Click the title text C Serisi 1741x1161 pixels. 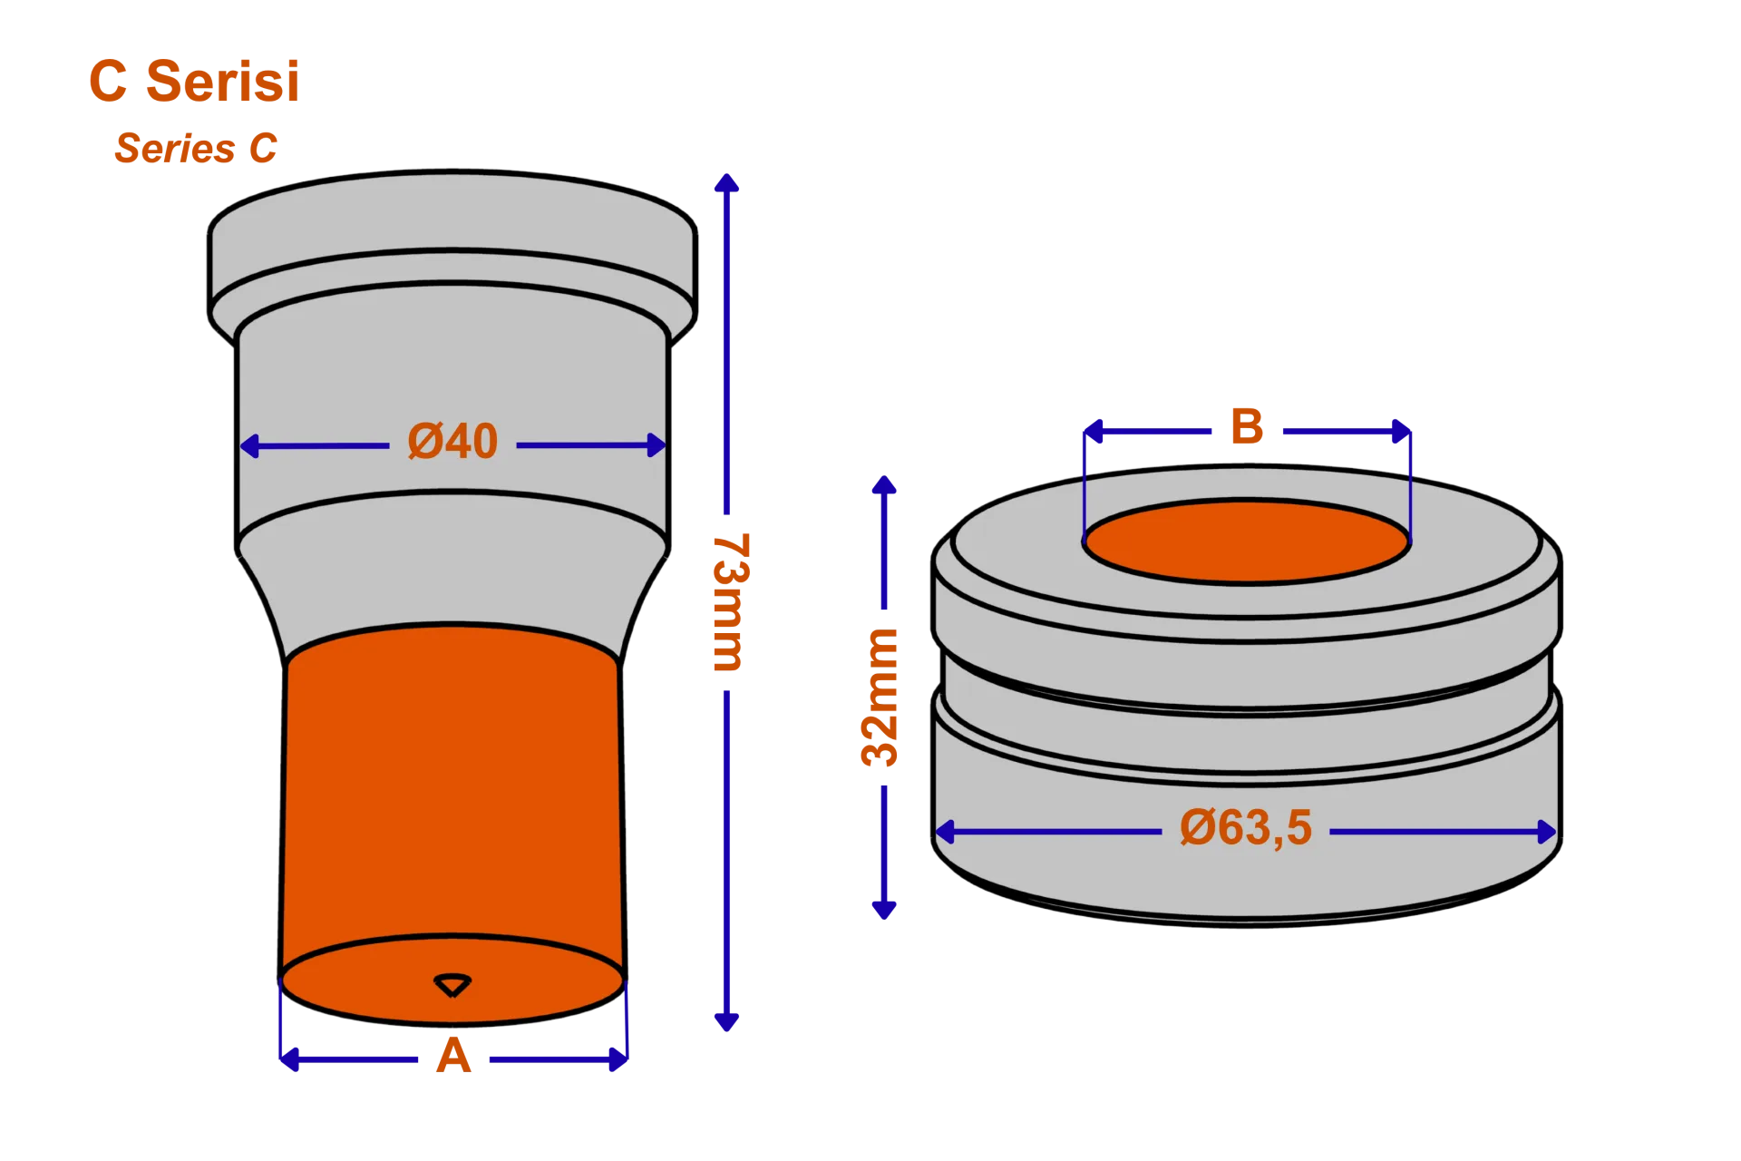click(194, 81)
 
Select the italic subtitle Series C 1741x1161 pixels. click(196, 148)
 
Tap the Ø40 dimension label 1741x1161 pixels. click(452, 442)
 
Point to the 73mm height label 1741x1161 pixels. click(731, 602)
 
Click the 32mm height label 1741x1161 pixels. click(880, 697)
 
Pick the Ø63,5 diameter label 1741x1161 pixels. click(1246, 828)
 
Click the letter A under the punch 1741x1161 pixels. click(453, 1056)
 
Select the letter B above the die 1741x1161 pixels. click(1247, 426)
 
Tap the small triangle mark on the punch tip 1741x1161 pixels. click(452, 985)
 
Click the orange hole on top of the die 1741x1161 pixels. click(1247, 541)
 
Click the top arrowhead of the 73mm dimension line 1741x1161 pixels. click(726, 182)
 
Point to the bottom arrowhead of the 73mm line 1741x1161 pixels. click(726, 1021)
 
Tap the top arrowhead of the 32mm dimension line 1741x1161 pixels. click(884, 485)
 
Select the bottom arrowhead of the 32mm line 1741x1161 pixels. click(884, 910)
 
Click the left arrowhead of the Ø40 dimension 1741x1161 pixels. click(250, 446)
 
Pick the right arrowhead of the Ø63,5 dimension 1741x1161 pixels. click(1547, 832)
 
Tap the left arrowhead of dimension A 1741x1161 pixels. click(290, 1059)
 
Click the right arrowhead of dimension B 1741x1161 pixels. click(1401, 432)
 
